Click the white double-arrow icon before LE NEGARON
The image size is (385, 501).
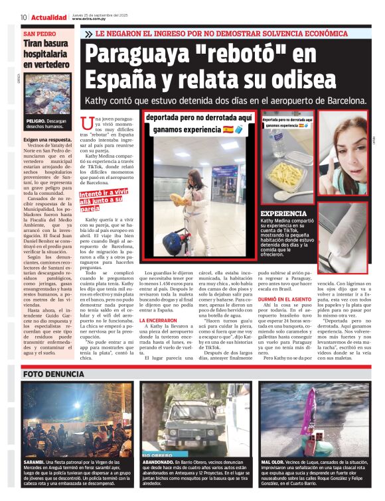click(88, 33)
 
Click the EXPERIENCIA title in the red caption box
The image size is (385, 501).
click(283, 213)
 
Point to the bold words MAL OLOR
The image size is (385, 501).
click(273, 460)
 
